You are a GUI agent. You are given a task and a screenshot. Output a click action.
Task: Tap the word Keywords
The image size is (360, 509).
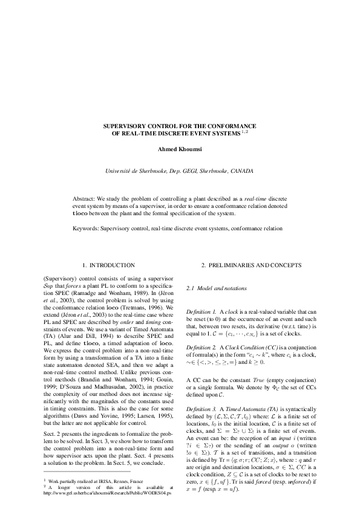click(86, 229)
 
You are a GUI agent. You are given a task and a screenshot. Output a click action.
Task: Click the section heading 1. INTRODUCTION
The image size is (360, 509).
click(108, 265)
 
